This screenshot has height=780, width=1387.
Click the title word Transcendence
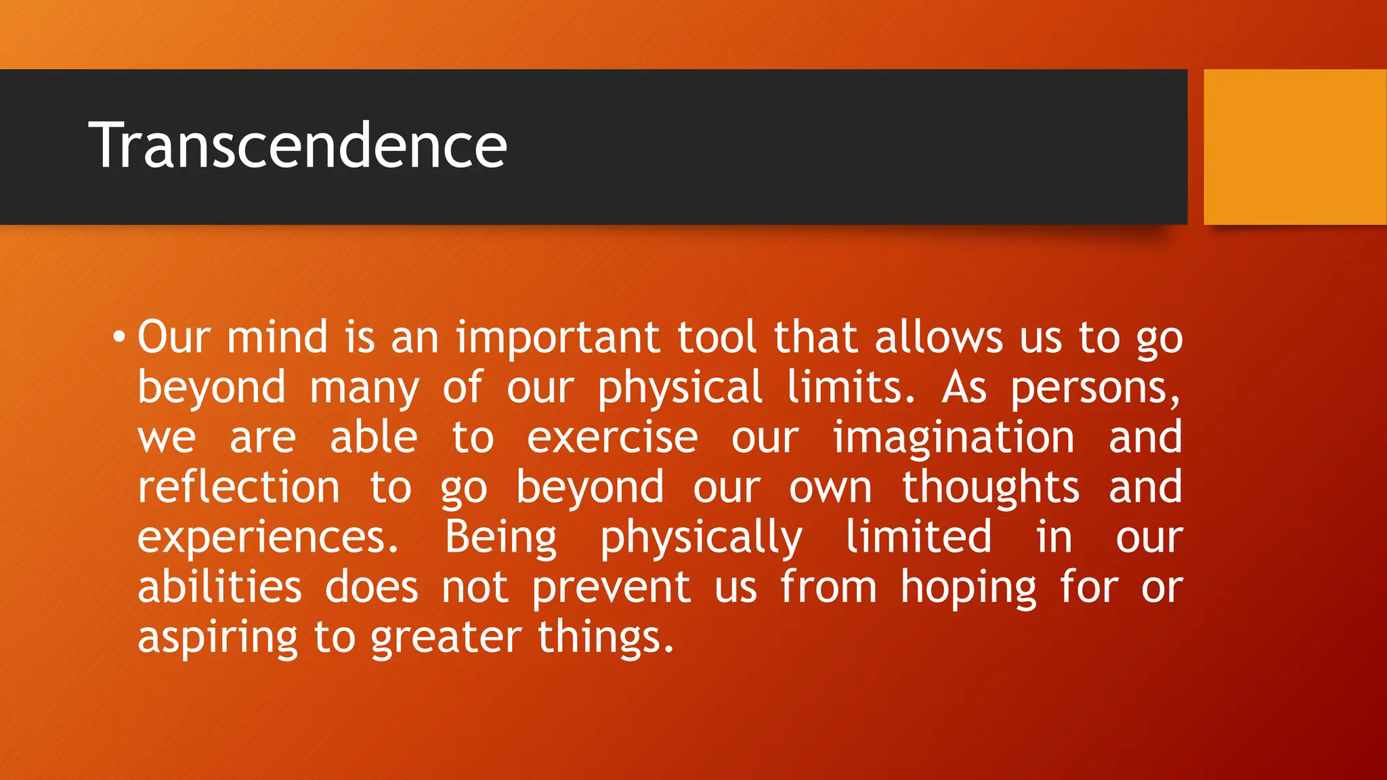pyautogui.click(x=297, y=145)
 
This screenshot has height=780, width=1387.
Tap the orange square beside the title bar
pyautogui.click(x=1294, y=147)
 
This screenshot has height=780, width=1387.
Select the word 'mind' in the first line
pyautogui.click(x=278, y=337)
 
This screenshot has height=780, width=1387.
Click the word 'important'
pyautogui.click(x=557, y=338)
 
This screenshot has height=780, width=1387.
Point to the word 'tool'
pyautogui.click(x=717, y=337)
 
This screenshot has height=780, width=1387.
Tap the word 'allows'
pyautogui.click(x=939, y=337)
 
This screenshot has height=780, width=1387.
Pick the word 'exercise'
pyautogui.click(x=612, y=437)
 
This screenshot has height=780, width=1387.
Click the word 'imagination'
pyautogui.click(x=954, y=438)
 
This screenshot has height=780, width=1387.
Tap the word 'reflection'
pyautogui.click(x=238, y=487)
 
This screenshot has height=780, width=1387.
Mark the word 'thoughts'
pyautogui.click(x=990, y=487)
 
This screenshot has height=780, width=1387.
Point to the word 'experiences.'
pyautogui.click(x=268, y=538)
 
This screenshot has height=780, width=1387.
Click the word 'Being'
pyautogui.click(x=501, y=538)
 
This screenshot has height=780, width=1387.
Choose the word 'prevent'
pyautogui.click(x=611, y=588)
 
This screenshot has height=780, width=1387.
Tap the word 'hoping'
pyautogui.click(x=968, y=588)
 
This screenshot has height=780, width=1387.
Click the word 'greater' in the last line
pyautogui.click(x=446, y=638)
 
